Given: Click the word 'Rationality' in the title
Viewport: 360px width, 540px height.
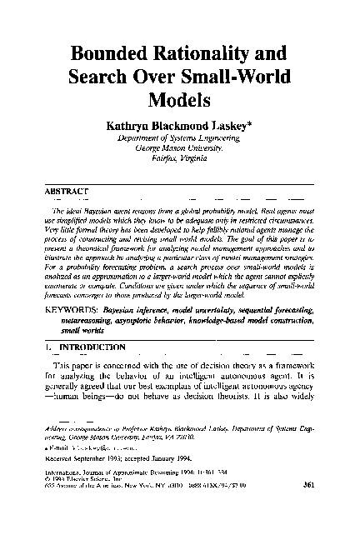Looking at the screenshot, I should (218, 57).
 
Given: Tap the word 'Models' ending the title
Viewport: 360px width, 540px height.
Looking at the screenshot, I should (178, 102).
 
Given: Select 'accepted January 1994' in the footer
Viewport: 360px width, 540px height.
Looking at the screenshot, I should (169, 480).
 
